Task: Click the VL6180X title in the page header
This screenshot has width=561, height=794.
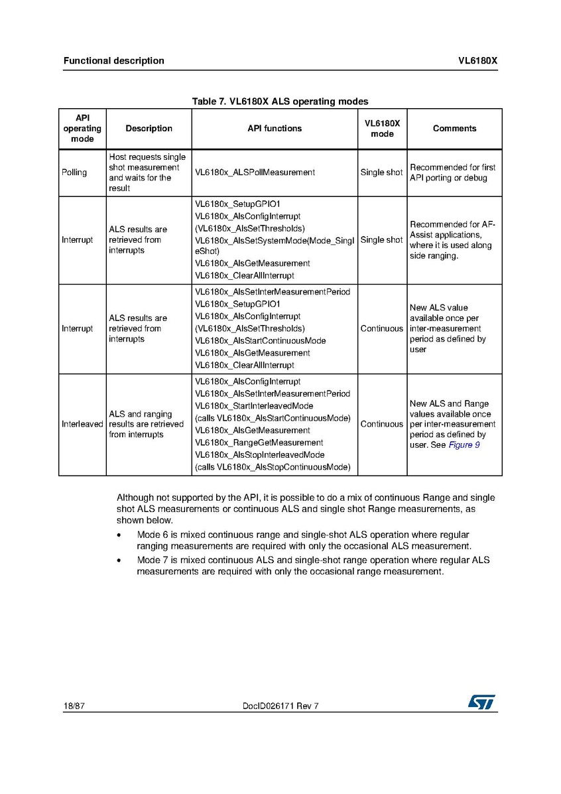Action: click(477, 61)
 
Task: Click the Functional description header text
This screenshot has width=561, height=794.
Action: click(113, 61)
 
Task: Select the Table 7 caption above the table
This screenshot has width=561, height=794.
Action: click(280, 101)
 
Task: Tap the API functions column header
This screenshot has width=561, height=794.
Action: click(275, 129)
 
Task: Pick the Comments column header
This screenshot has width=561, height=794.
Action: click(454, 129)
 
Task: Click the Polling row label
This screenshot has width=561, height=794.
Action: click(74, 172)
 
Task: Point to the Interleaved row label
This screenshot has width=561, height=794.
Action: click(82, 425)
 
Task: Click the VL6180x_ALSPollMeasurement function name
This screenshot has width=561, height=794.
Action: click(255, 172)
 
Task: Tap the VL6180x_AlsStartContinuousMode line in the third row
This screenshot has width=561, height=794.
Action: click(261, 341)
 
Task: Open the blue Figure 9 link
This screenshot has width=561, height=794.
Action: click(464, 445)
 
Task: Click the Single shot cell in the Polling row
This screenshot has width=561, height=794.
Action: click(381, 172)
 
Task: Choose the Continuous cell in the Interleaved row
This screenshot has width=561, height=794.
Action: click(381, 425)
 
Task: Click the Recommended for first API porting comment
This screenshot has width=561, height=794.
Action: click(452, 172)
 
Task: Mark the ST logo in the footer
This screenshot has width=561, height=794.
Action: click(481, 702)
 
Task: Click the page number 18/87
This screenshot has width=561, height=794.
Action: click(74, 706)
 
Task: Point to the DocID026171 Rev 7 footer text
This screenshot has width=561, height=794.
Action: click(281, 706)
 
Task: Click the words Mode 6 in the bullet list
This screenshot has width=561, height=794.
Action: click(151, 535)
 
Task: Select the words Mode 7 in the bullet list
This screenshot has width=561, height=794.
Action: click(151, 561)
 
